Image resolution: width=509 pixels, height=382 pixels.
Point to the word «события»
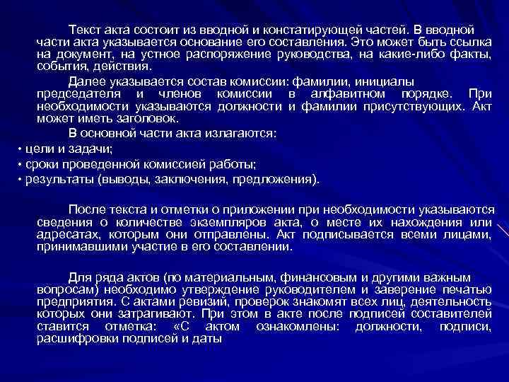59,66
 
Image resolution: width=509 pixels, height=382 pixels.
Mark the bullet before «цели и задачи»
20,150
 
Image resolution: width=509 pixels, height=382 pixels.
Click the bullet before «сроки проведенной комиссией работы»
20,164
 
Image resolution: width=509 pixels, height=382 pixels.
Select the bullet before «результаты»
20,179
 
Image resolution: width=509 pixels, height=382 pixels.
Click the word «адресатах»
66,236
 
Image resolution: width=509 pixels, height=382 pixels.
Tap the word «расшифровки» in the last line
78,339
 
